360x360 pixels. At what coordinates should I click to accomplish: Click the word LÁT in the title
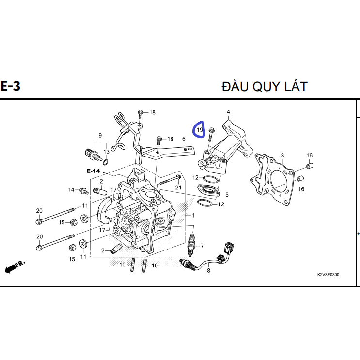(x=293, y=86)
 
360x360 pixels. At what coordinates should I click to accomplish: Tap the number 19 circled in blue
(x=200, y=130)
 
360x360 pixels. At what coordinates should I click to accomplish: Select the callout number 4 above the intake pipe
(x=228, y=112)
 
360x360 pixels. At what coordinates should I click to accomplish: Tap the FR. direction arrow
(x=15, y=267)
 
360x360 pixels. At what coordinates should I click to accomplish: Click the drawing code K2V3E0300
(x=328, y=275)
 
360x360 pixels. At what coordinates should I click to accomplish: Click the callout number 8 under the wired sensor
(x=208, y=271)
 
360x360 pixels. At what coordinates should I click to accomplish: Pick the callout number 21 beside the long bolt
(x=178, y=188)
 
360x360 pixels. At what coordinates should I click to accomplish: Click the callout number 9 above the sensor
(x=100, y=135)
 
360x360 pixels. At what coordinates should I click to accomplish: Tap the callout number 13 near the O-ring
(x=106, y=152)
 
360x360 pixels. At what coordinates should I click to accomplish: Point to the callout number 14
(x=71, y=189)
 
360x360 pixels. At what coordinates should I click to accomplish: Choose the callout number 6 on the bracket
(x=184, y=139)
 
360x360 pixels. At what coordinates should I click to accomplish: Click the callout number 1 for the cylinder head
(x=193, y=215)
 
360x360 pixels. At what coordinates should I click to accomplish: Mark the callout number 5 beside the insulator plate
(x=226, y=195)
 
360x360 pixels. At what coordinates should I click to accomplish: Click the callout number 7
(x=202, y=245)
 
